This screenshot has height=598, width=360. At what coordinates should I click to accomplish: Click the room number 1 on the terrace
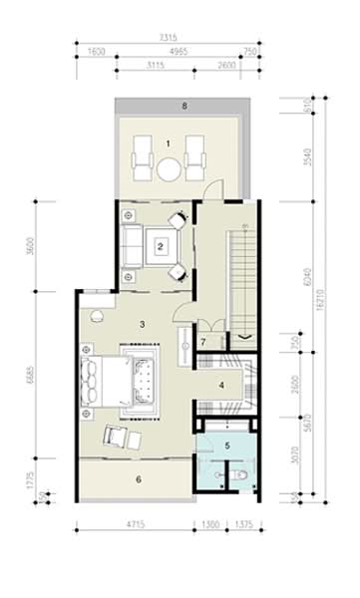[x=168, y=144]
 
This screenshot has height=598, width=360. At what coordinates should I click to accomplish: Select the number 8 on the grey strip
[x=183, y=105]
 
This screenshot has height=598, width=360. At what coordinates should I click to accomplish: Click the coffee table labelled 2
[x=159, y=245]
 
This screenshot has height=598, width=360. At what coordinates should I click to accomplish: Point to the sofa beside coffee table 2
[x=131, y=245]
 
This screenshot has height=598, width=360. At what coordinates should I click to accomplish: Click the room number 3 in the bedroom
[x=144, y=324]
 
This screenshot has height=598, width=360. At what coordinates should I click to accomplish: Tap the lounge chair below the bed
[x=118, y=439]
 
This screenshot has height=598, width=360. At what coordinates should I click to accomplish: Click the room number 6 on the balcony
[x=138, y=477]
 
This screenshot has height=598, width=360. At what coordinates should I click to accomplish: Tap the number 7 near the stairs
[x=202, y=342]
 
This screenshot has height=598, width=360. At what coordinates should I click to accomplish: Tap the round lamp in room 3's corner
[x=98, y=317]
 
